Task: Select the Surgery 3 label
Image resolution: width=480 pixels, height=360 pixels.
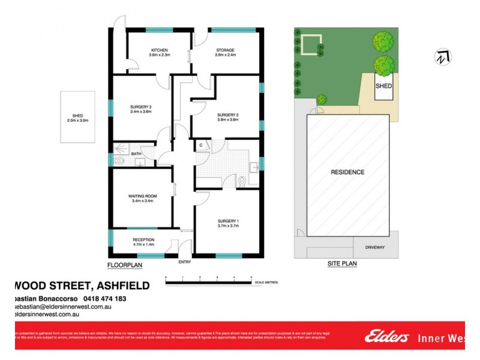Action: pos(140,109)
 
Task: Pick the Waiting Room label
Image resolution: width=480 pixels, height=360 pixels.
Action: pos(142,198)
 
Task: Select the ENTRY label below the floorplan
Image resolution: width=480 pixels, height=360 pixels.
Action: pos(185,262)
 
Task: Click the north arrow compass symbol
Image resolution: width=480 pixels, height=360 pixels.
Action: pos(443,57)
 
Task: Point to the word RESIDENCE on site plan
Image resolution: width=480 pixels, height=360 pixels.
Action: pos(347,172)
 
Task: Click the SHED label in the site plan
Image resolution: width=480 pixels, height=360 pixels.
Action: pos(383,86)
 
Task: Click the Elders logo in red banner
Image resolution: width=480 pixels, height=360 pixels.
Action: pos(388,337)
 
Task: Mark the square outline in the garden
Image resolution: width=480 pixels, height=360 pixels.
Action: pos(311,45)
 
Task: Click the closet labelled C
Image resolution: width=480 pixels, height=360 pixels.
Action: pos(201,145)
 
